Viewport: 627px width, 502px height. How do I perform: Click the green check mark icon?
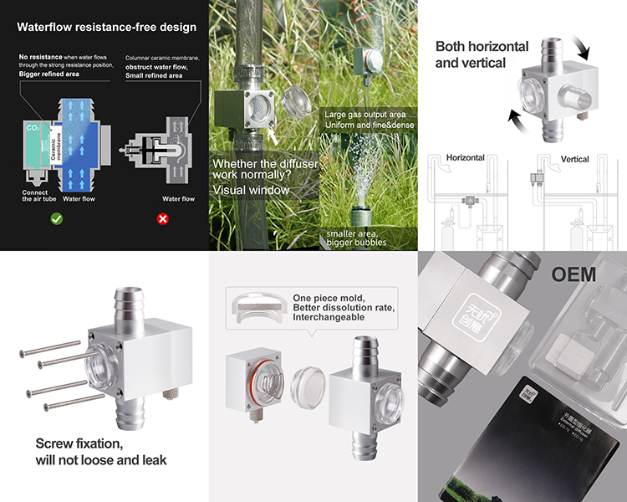(56, 218)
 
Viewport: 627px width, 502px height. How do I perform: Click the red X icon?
(163, 218)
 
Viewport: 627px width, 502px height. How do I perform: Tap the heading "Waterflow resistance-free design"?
(107, 28)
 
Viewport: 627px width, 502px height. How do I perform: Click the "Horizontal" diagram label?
(466, 157)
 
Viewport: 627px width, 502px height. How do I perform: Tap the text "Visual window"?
(252, 190)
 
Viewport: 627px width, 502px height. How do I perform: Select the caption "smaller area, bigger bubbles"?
(357, 237)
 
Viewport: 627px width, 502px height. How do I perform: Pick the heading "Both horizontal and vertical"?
(482, 54)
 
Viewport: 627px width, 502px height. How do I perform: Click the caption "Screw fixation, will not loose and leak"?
(101, 452)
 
